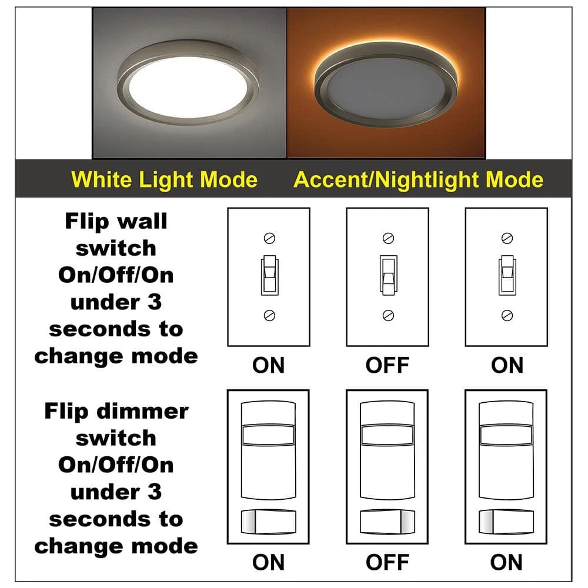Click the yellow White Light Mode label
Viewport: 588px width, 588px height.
(164, 179)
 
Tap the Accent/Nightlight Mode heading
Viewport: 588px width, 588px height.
(418, 179)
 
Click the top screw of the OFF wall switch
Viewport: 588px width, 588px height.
(387, 238)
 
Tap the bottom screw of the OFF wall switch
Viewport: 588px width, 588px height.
(387, 315)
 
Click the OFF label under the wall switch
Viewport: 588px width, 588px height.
(387, 365)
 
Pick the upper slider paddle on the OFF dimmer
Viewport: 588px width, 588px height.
(387, 435)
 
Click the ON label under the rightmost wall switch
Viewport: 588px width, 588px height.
(507, 365)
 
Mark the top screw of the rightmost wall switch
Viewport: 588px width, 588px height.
(507, 238)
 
